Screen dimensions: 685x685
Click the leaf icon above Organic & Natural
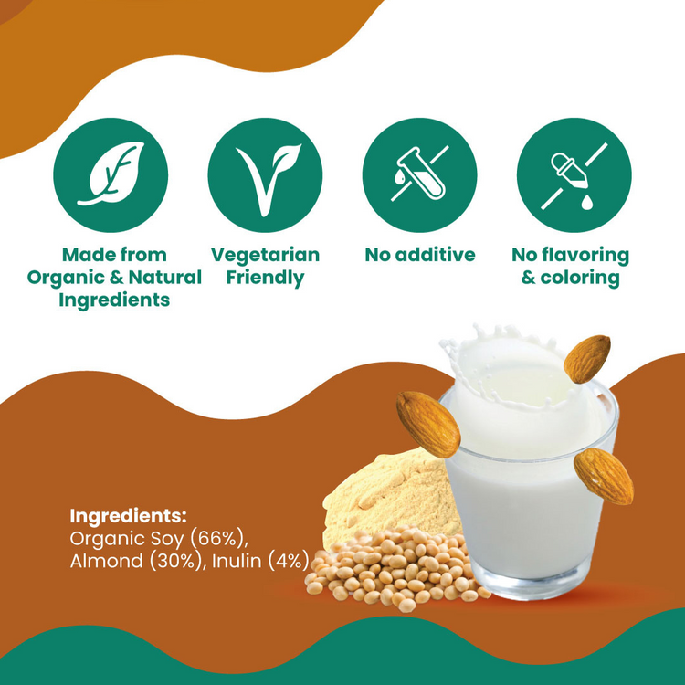111,174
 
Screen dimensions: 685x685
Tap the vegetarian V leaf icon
265,174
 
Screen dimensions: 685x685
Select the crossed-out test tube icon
419,174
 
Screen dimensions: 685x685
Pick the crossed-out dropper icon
574,174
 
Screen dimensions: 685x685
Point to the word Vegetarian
265,255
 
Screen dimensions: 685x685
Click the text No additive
420,255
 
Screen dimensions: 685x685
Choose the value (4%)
288,561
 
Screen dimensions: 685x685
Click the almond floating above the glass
586,358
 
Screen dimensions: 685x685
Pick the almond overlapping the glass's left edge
427,423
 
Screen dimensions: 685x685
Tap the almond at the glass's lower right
604,476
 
